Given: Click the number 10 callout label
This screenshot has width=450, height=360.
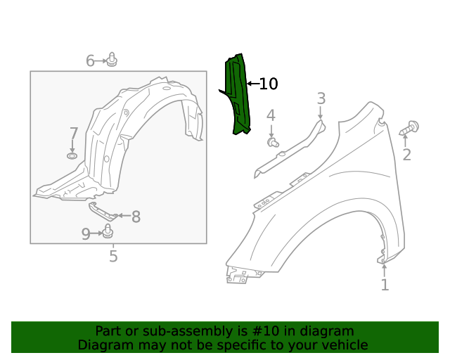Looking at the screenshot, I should tap(269, 84).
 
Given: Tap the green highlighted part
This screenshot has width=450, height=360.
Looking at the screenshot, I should tap(237, 95).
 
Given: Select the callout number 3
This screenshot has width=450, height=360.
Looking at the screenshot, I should tap(321, 98).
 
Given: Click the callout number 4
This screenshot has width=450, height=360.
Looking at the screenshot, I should tap(271, 116).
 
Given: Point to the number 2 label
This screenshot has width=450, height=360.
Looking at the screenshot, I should tap(406, 155).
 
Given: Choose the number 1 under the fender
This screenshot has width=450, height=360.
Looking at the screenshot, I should tap(385, 285).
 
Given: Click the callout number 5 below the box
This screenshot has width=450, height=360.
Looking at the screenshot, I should tap(113, 257).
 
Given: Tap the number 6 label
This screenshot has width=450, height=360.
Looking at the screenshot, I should tap(90, 61).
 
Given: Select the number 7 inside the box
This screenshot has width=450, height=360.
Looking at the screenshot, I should tap(74, 134).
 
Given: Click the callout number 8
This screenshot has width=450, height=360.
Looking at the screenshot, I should tap(136, 217).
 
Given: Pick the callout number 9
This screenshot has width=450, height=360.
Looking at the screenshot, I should tap(86, 234).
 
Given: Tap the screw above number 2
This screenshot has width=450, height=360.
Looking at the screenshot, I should tap(410, 128).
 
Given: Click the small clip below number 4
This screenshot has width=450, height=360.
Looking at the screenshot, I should tap(274, 143).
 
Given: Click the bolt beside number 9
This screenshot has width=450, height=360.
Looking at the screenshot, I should tap(108, 231).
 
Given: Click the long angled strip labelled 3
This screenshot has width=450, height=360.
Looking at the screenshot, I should tap(288, 151).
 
